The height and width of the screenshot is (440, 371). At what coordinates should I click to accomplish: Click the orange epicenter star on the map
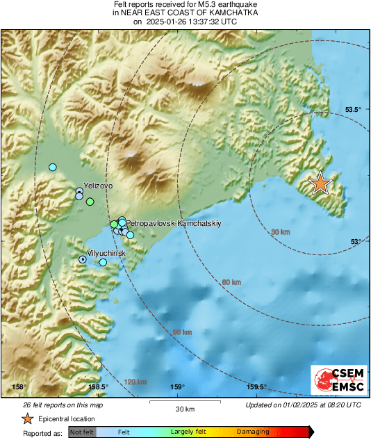coord(320,183)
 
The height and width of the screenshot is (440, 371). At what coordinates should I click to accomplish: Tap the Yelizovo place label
coord(97,187)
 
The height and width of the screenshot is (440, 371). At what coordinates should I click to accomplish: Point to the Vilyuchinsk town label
coord(106,254)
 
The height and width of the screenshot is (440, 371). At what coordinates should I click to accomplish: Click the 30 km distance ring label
coord(280,231)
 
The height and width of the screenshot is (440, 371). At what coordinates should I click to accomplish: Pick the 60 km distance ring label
coord(231,282)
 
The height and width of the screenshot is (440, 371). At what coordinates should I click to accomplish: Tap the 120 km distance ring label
coord(136,382)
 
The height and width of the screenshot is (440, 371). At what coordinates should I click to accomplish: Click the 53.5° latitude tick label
coord(354,110)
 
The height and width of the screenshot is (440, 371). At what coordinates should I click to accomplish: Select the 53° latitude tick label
coord(356,241)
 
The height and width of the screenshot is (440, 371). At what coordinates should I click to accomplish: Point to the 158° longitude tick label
coord(19,387)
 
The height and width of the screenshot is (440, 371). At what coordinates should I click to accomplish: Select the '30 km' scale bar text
coord(184,408)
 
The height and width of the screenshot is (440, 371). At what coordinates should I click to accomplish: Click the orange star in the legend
coord(26,418)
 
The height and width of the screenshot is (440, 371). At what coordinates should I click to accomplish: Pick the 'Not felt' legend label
coord(83,432)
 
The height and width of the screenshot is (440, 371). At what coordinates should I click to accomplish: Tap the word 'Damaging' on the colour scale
coord(253,432)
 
